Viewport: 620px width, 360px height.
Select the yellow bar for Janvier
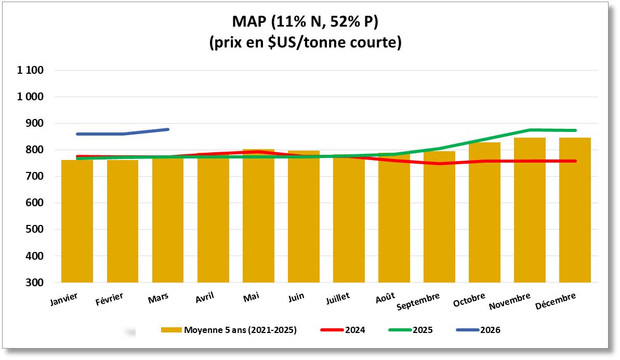[x=77, y=223]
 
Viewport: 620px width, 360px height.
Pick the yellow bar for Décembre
[x=575, y=213]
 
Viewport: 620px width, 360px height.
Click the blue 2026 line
[x=123, y=134]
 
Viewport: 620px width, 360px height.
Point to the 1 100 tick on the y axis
[x=32, y=71]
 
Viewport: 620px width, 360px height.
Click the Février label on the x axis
[x=109, y=299]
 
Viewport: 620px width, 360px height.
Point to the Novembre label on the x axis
[x=510, y=301]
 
